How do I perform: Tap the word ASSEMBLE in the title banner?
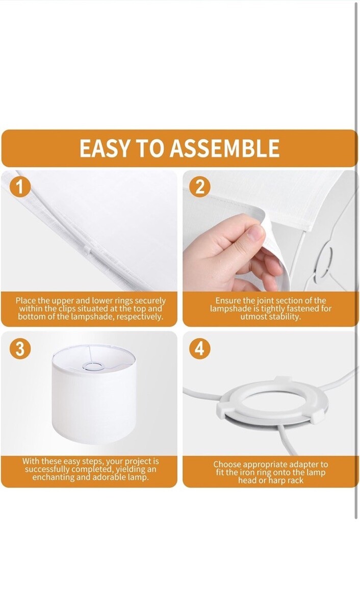[x=225, y=148]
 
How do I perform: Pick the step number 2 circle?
[x=200, y=188]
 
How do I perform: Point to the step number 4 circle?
[x=200, y=349]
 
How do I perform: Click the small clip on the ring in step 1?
[x=87, y=250]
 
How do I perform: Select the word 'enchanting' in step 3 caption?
[x=52, y=477]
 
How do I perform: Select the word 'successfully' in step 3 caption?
[x=47, y=469]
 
